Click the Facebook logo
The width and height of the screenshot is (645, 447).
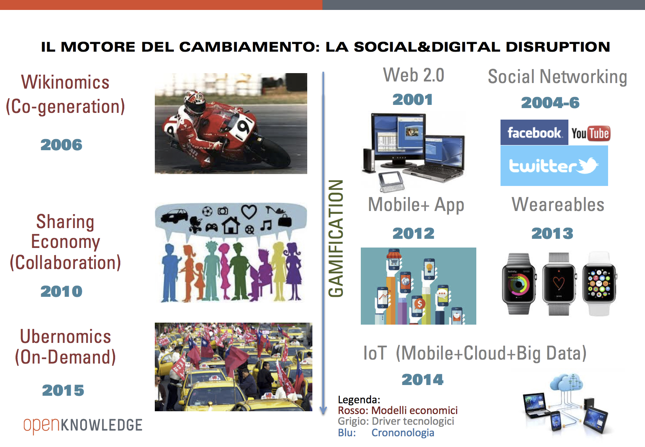tap(534, 132)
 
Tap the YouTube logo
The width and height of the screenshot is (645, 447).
tap(591, 134)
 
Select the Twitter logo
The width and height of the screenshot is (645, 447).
tap(554, 166)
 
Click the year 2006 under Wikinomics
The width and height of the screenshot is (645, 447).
tap(62, 145)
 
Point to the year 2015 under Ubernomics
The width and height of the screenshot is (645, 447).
tap(63, 391)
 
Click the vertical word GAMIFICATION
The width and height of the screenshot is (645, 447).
tap(336, 238)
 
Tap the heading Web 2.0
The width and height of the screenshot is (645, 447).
tap(414, 75)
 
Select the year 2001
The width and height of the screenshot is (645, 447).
tap(412, 100)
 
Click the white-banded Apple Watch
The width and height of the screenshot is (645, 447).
tap(599, 284)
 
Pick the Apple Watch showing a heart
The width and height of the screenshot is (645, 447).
tap(558, 284)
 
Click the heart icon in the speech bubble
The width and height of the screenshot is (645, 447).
tap(249, 211)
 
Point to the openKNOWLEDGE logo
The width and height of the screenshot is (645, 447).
tap(83, 426)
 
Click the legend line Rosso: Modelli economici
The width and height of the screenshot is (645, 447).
tap(398, 410)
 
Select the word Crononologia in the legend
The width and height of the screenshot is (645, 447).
tap(402, 433)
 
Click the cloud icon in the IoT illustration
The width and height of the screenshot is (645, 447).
tap(566, 382)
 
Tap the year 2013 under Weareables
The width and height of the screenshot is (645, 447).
tap(552, 234)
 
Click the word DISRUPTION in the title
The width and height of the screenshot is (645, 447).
tap(558, 47)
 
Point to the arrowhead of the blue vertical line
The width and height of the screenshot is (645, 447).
tap(323, 410)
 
